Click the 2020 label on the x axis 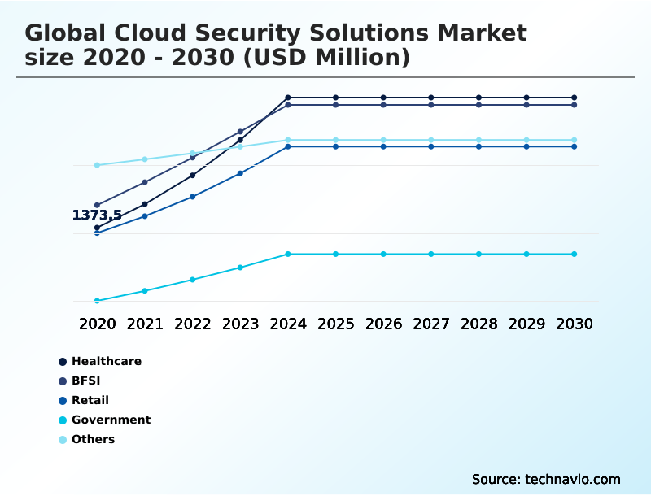pyautogui.click(x=97, y=324)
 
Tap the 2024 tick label pyautogui.click(x=288, y=324)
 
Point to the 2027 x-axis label pyautogui.click(x=431, y=324)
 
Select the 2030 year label pyautogui.click(x=575, y=324)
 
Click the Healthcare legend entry pyautogui.click(x=106, y=361)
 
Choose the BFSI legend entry pyautogui.click(x=85, y=381)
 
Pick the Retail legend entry pyautogui.click(x=90, y=400)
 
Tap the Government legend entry pyautogui.click(x=111, y=420)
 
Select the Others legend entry pyautogui.click(x=93, y=439)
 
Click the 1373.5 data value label pyautogui.click(x=97, y=215)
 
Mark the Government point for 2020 pyautogui.click(x=97, y=301)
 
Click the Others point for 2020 pyautogui.click(x=97, y=165)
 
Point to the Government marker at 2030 pyautogui.click(x=575, y=254)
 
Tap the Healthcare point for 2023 pyautogui.click(x=240, y=140)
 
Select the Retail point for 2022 pyautogui.click(x=193, y=197)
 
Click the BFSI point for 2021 pyautogui.click(x=145, y=182)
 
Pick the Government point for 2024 pyautogui.click(x=288, y=254)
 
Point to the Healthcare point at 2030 pyautogui.click(x=575, y=98)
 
